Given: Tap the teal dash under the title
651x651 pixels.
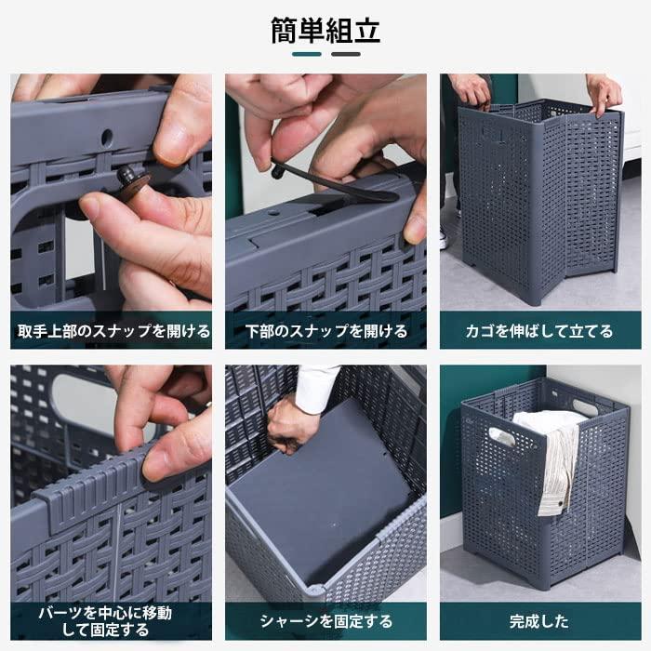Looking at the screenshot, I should tap(307, 54).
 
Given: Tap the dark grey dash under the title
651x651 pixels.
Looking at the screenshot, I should tap(345, 54).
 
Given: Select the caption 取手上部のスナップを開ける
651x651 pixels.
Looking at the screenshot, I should tap(111, 330).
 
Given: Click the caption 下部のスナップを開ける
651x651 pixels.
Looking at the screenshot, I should tap(325, 330).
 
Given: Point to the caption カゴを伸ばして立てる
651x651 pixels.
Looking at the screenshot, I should tap(539, 330).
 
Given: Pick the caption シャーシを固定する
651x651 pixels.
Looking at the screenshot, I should tap(325, 621).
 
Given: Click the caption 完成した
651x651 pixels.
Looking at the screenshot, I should tap(539, 621).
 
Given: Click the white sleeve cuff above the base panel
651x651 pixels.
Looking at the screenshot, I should tap(315, 379).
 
